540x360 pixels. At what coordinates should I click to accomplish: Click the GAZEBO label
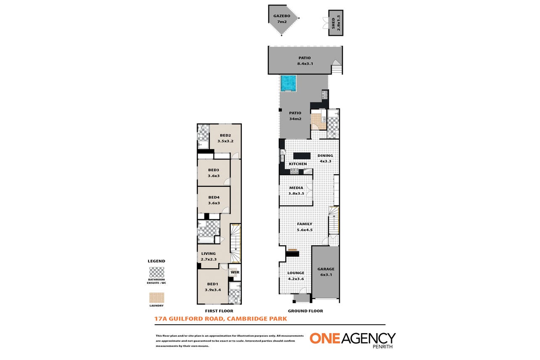point(282,16)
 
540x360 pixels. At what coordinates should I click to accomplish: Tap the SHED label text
point(333,23)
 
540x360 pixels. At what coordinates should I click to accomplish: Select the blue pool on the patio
point(288,83)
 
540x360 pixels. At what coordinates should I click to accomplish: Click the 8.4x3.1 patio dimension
point(305,64)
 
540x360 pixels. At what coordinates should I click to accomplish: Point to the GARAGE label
point(326,269)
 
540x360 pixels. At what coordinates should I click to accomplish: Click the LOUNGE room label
point(296,273)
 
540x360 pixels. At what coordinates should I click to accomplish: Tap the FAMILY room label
point(304,224)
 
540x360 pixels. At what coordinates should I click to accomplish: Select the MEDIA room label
point(296,188)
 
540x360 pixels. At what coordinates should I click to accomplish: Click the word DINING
point(325,156)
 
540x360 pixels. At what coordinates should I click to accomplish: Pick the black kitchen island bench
point(302,156)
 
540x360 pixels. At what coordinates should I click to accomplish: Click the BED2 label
point(225,135)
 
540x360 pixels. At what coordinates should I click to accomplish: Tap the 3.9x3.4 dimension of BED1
point(213,290)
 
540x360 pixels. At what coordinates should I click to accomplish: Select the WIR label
point(235,272)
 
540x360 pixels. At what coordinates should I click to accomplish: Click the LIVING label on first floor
point(209,254)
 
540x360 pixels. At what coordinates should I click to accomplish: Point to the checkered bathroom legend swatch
point(157,272)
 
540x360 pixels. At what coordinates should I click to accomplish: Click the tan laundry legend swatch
point(157,298)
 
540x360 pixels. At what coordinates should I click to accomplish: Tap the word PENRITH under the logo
point(383,347)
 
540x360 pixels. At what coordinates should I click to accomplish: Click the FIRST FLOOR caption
point(219,311)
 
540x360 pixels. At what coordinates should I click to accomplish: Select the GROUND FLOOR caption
point(305,311)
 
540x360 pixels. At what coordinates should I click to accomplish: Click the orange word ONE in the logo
point(325,338)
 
